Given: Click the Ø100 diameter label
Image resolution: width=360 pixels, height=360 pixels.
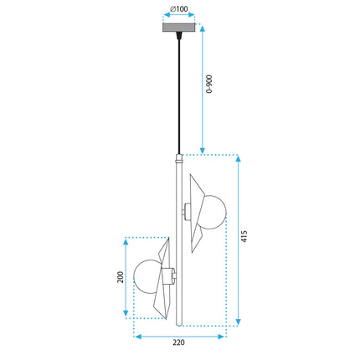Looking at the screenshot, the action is (179, 8).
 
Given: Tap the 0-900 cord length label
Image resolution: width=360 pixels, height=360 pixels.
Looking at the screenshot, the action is (208, 84).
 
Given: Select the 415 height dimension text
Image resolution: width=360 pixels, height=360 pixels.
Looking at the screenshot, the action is (244, 236).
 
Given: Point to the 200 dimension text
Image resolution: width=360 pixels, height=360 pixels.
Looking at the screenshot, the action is (120, 277).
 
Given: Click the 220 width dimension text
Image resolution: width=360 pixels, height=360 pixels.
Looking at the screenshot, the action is (178, 342).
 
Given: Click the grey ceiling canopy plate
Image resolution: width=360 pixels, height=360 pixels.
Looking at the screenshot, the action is (178, 28).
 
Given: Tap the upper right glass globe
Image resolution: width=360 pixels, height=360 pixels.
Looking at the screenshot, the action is (213, 212).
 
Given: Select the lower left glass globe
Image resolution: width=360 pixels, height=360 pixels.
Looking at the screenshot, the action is (147, 277).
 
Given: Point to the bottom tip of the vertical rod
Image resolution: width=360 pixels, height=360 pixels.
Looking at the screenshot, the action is (179, 326).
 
